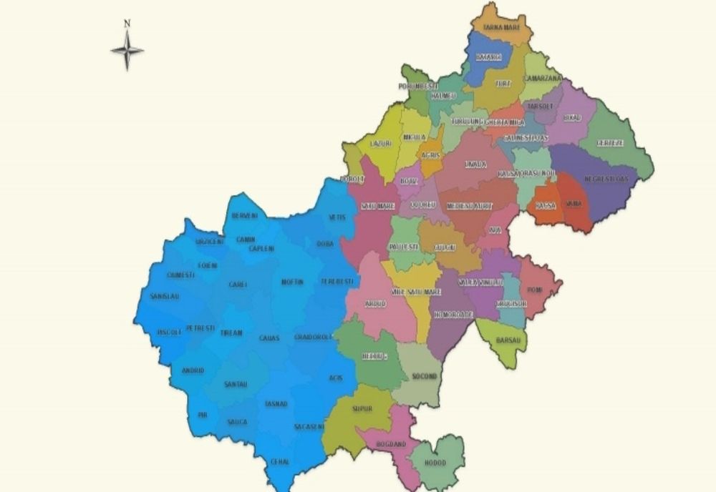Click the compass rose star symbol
click(127, 51)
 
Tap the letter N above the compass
click(127, 23)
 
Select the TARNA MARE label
click(500, 28)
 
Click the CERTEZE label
click(610, 143)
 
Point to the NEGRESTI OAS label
click(606, 179)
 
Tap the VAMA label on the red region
click(574, 204)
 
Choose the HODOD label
click(435, 463)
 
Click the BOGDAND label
click(391, 444)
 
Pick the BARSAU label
click(509, 340)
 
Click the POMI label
click(536, 289)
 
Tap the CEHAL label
click(280, 462)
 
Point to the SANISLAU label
click(165, 296)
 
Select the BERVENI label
click(244, 215)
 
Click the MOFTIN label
click(292, 282)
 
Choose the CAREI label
click(238, 284)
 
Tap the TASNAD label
click(276, 404)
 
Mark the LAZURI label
click(380, 143)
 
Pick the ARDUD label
click(375, 304)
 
